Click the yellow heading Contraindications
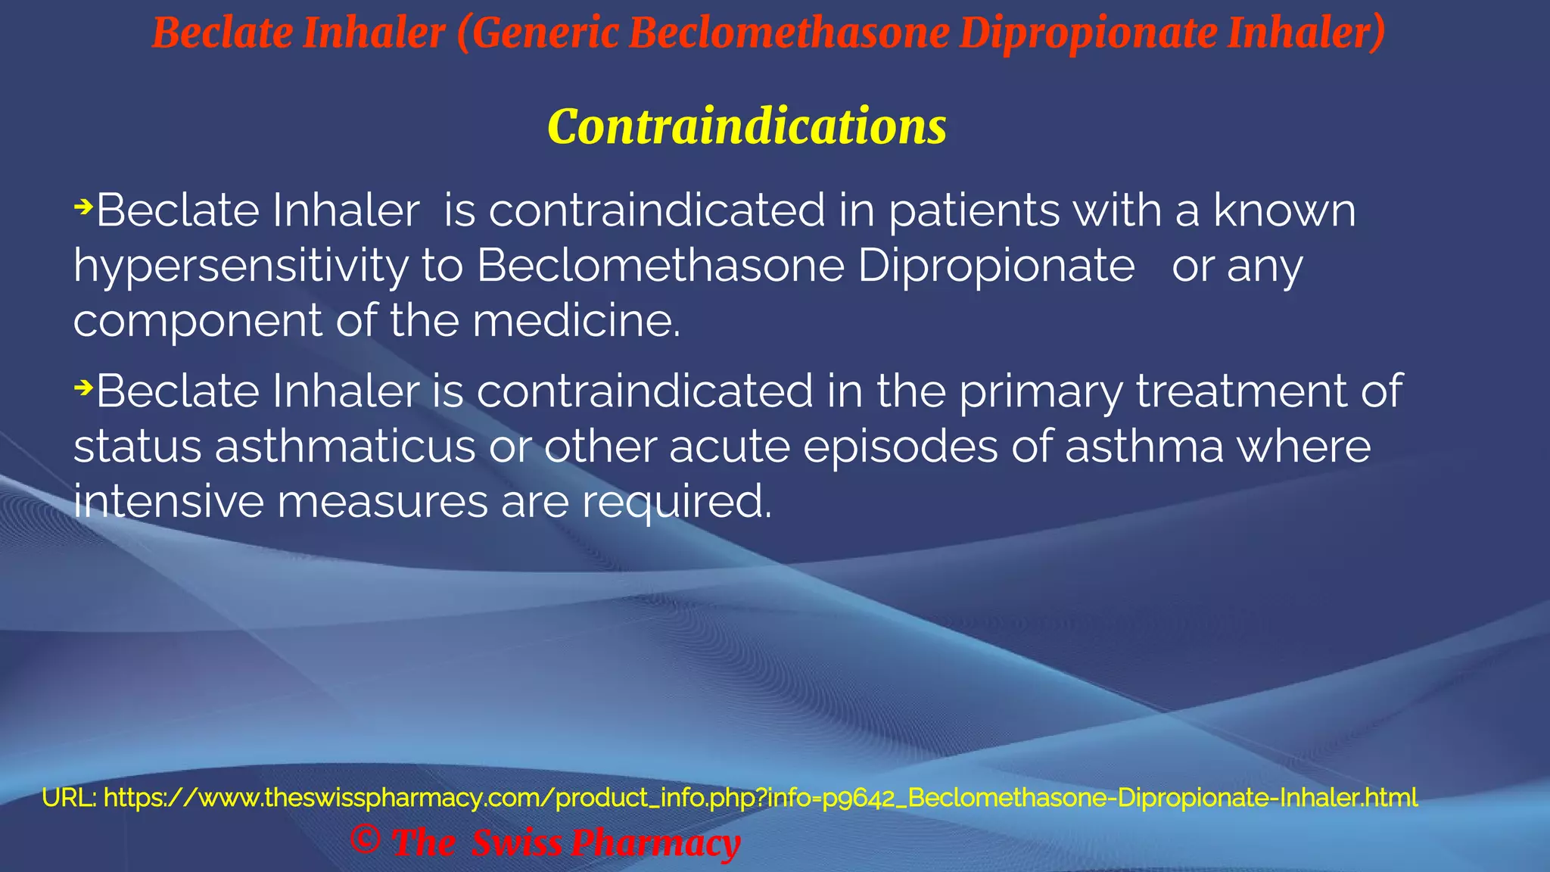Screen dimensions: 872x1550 746,127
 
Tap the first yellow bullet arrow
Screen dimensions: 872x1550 83,206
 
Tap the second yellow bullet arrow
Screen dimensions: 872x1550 83,388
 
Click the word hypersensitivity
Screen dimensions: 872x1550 241,267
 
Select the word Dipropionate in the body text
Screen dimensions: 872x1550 996,267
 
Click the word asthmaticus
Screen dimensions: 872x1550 344,447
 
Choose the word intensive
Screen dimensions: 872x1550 168,502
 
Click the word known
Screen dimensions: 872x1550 1284,210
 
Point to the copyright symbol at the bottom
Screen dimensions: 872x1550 366,839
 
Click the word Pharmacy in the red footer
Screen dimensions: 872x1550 655,843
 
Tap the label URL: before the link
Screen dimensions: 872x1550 69,798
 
